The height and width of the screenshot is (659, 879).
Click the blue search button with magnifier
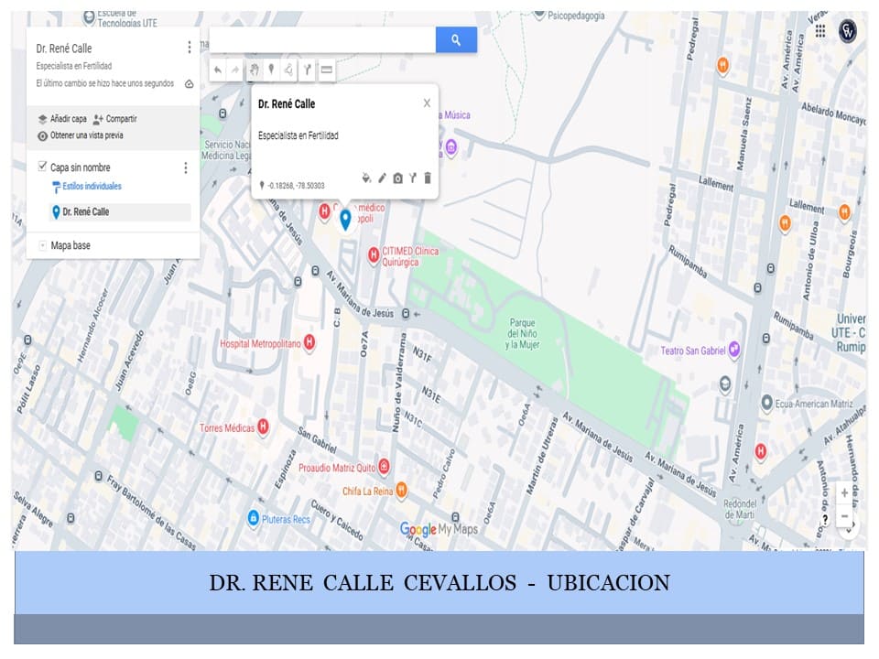456,39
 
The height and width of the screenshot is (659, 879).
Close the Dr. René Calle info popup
427,103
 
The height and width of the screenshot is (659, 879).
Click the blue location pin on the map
345,219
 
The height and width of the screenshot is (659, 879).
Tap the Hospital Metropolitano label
260,343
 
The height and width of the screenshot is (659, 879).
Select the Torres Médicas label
228,427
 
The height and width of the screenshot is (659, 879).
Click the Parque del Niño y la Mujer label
523,333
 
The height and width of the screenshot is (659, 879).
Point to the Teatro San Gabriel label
693,351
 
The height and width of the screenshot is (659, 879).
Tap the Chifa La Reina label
367,492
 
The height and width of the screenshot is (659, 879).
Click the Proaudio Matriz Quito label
337,468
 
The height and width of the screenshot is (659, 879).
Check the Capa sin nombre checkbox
42,167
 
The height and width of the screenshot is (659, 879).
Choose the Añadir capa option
68,119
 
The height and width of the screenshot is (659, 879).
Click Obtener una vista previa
86,135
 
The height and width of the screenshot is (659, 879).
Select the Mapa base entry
71,245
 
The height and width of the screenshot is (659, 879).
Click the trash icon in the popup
427,178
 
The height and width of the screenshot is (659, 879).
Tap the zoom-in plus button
844,493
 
